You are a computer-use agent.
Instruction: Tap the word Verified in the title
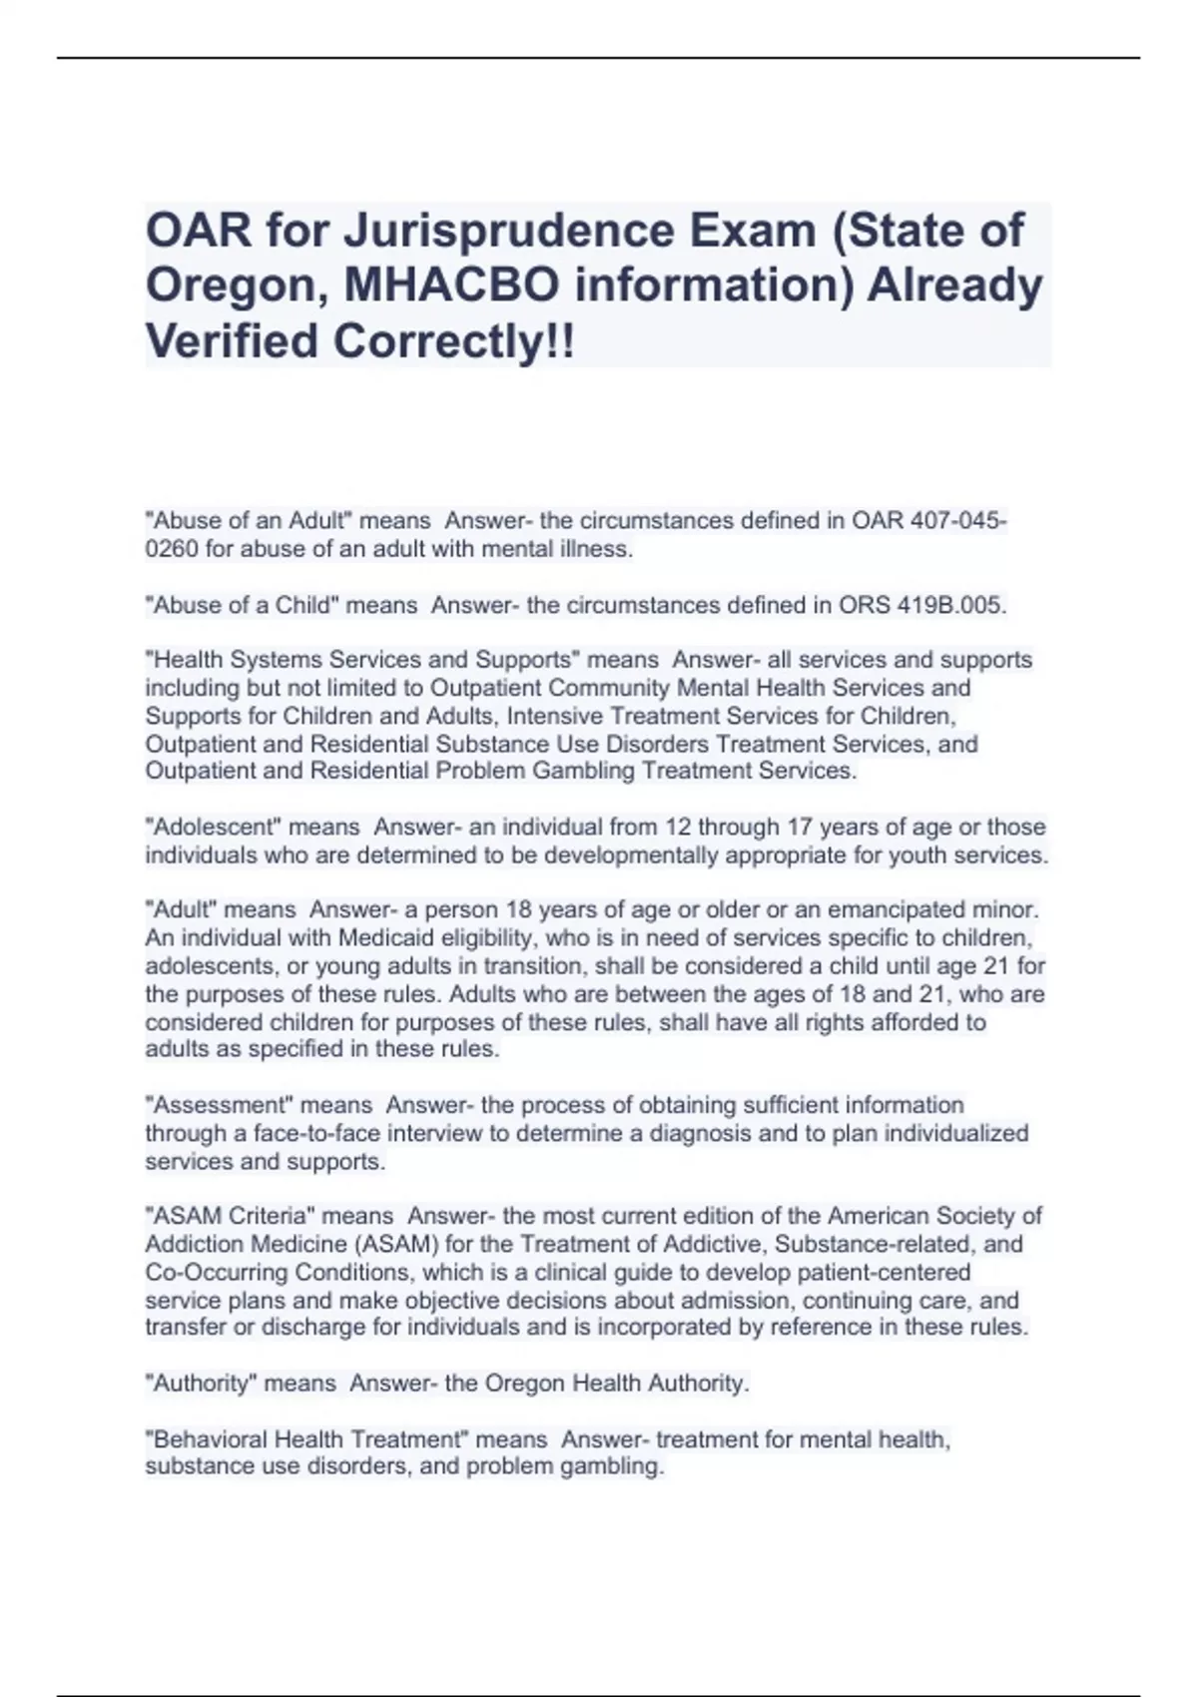[234, 341]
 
